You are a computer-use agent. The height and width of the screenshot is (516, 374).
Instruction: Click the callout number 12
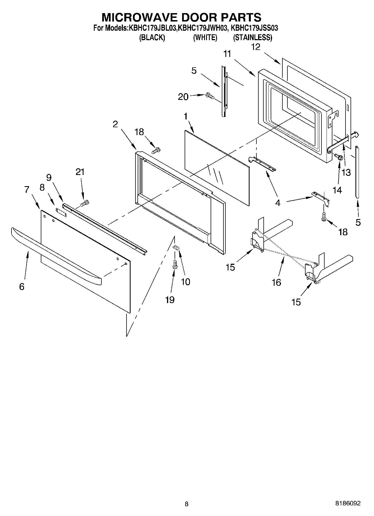coord(256,47)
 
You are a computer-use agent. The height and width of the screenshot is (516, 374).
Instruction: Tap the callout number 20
coord(183,97)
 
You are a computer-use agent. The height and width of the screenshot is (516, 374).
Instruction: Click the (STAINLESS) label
coord(252,37)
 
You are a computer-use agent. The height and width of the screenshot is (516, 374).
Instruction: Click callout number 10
coord(185,282)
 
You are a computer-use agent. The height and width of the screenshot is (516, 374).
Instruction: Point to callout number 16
coord(276,282)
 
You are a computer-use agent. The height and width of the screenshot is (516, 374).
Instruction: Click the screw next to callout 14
coord(339,157)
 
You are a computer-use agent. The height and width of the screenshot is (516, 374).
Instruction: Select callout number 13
coord(346,172)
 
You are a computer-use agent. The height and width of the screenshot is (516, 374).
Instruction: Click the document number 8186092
coord(348,503)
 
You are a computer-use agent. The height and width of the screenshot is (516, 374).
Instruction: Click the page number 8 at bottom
coord(187,504)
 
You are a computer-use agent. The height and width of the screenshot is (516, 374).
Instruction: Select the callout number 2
coord(115,124)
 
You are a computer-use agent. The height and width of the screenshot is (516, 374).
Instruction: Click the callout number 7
coord(27,189)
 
